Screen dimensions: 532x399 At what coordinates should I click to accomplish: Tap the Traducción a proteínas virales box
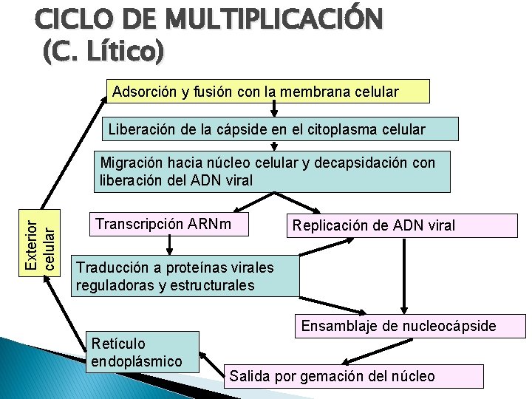click(185, 276)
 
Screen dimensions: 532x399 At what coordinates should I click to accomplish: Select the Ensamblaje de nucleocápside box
click(410, 326)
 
